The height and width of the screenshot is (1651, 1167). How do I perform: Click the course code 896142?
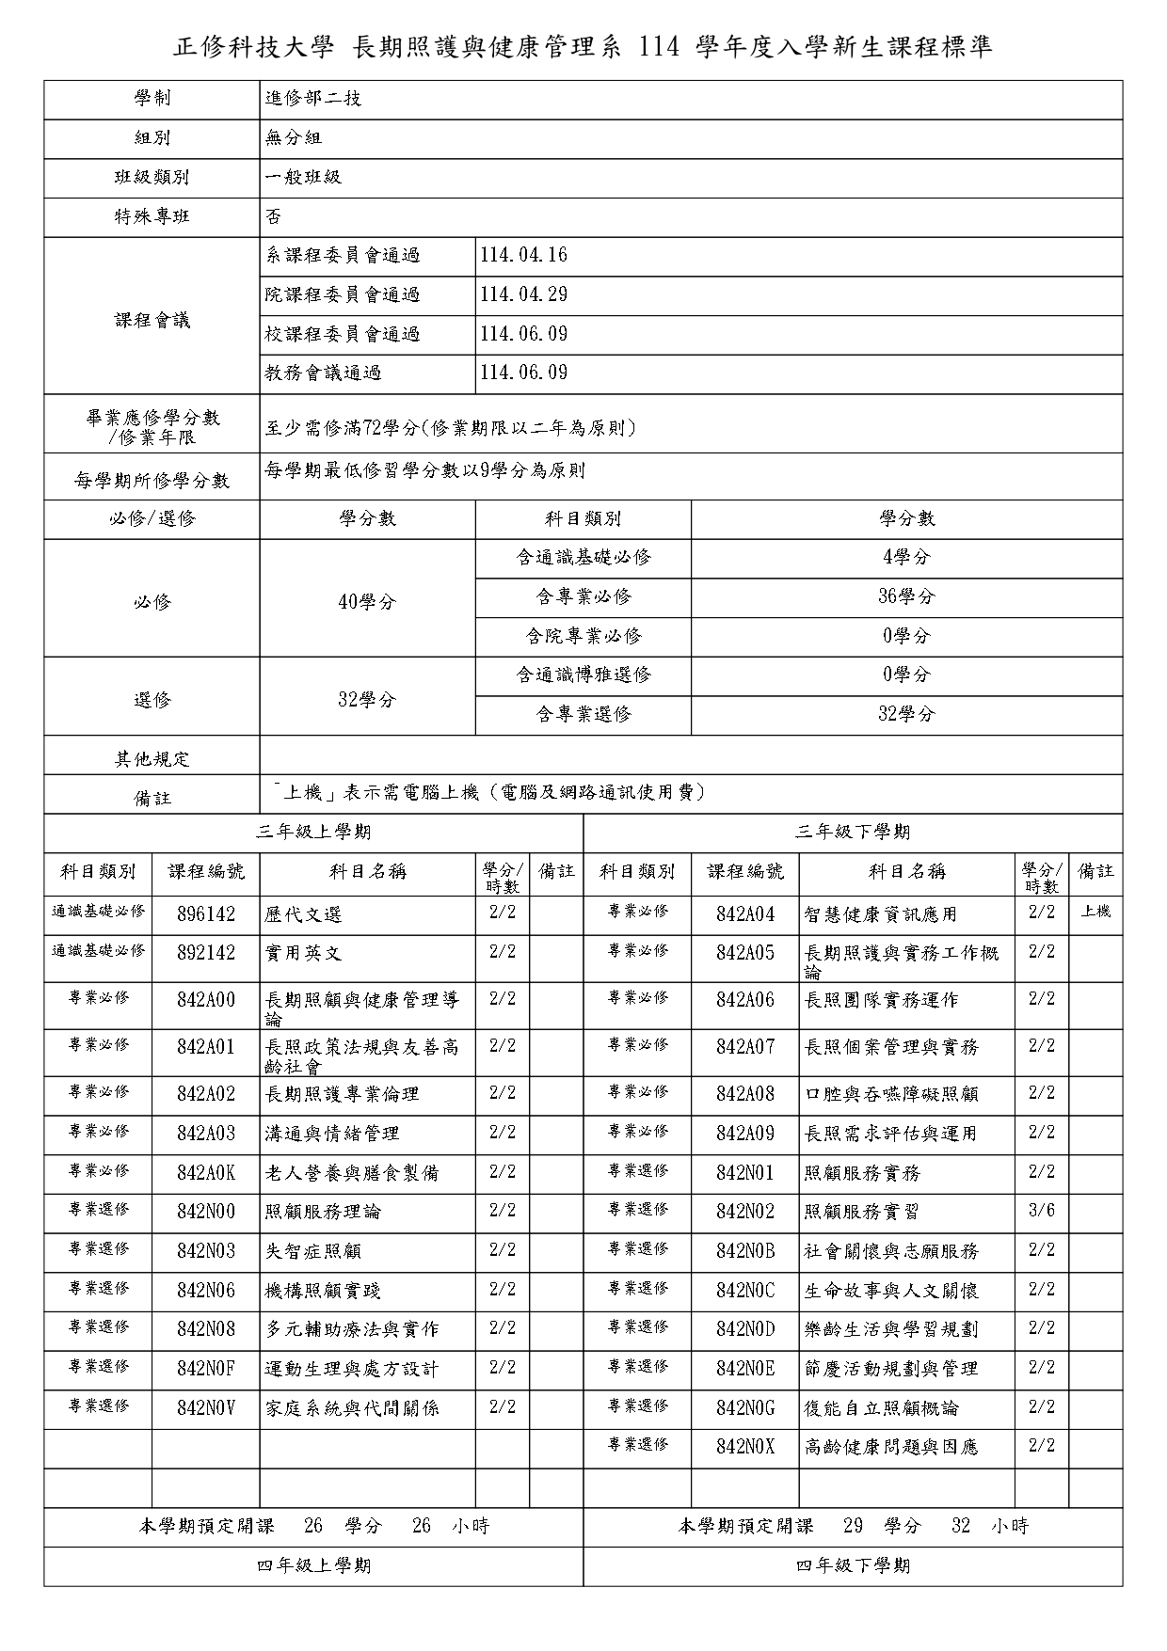pyautogui.click(x=206, y=914)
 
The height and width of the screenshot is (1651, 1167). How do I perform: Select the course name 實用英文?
pyautogui.click(x=303, y=953)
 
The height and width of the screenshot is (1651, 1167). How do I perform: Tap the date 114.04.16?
pyautogui.click(x=523, y=256)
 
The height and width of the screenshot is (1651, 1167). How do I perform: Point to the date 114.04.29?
pyautogui.click(x=523, y=294)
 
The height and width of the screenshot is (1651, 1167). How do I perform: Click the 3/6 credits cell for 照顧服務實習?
pyautogui.click(x=1042, y=1211)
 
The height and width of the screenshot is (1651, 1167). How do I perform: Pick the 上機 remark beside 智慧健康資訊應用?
pyautogui.click(x=1095, y=912)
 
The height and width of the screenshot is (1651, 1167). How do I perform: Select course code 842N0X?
pyautogui.click(x=744, y=1448)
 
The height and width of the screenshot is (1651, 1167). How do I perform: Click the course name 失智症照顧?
pyautogui.click(x=313, y=1251)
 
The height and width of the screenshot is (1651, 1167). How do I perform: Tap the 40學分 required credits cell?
pyautogui.click(x=367, y=602)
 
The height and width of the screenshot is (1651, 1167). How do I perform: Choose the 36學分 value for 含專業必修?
pyautogui.click(x=906, y=596)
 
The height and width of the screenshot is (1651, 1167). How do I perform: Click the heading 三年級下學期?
pyautogui.click(x=853, y=833)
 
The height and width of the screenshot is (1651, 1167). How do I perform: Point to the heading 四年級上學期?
pyautogui.click(x=313, y=1566)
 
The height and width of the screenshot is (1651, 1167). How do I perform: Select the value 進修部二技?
pyautogui.click(x=313, y=99)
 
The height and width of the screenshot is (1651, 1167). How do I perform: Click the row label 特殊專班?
pyautogui.click(x=152, y=216)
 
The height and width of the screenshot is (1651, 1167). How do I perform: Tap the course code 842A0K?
pyautogui.click(x=206, y=1173)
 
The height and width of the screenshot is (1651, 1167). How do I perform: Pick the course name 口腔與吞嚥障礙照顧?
pyautogui.click(x=891, y=1094)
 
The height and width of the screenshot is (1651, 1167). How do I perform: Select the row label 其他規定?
pyautogui.click(x=152, y=759)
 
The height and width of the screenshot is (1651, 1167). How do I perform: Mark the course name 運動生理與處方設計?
pyautogui.click(x=352, y=1370)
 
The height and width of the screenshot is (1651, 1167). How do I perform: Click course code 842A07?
pyautogui.click(x=744, y=1047)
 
